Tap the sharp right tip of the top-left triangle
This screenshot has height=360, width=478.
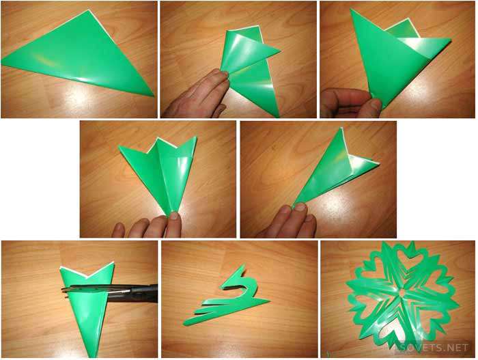click(x=154, y=96)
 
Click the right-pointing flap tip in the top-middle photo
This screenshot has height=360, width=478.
click(x=281, y=51)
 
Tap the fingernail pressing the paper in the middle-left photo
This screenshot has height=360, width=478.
click(x=174, y=217)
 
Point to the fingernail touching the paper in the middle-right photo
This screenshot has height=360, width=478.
click(x=300, y=208)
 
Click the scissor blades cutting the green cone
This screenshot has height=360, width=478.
click(x=98, y=289)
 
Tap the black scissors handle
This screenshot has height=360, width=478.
click(x=143, y=293)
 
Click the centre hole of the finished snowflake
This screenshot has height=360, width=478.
click(x=402, y=292)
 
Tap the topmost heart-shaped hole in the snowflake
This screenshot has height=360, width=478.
click(x=410, y=260)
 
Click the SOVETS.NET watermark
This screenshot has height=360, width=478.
click(x=434, y=348)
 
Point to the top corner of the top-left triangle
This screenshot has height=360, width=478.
click(x=89, y=10)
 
